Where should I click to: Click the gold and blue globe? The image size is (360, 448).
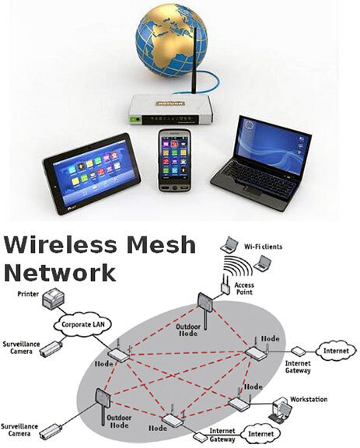click(x=172, y=40)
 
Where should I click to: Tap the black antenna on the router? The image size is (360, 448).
click(x=195, y=61)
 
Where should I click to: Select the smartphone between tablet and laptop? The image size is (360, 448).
click(x=175, y=160)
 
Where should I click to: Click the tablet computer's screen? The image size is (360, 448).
click(x=92, y=172)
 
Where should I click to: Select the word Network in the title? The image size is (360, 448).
click(x=59, y=273)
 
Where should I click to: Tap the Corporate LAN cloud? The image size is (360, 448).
click(x=83, y=324)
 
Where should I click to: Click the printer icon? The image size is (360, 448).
click(x=54, y=299)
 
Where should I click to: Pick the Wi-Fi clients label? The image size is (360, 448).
click(x=263, y=247)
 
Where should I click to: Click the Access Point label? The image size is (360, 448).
click(x=244, y=289)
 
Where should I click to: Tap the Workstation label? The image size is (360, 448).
click(x=309, y=399)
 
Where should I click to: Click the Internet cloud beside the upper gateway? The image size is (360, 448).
click(x=337, y=351)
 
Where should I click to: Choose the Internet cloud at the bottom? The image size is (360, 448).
click(x=260, y=434)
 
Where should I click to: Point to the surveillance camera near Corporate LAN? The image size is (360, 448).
click(x=51, y=348)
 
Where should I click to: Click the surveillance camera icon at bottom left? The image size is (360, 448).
click(x=51, y=432)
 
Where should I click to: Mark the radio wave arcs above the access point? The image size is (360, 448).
click(x=238, y=266)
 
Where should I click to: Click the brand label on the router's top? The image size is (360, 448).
click(x=170, y=103)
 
